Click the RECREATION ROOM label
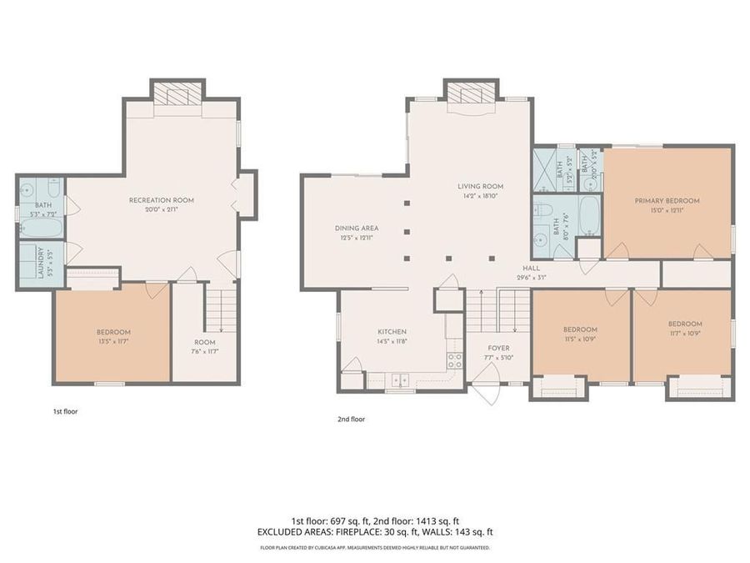coord(162,200)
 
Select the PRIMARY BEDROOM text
coord(667,200)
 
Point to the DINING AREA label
coord(357,228)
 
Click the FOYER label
coord(498,348)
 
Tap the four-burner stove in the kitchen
coord(455,360)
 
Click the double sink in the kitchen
coord(400,380)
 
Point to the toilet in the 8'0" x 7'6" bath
coord(543,209)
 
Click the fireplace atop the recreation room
coord(178,93)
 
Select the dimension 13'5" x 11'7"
coord(113,342)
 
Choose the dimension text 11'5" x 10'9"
coord(580,339)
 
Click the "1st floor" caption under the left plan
coord(64,411)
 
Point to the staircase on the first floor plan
coord(220,306)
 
